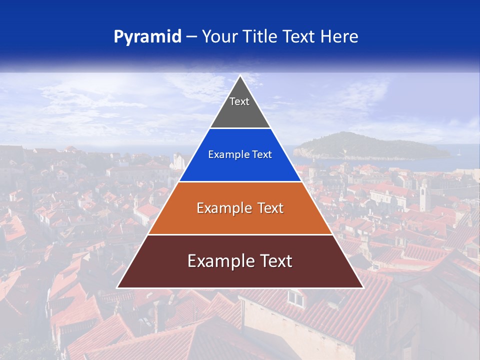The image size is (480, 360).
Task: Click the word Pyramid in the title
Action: click(x=147, y=37)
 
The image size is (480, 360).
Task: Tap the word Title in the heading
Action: click(x=262, y=37)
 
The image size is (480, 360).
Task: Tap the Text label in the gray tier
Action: click(x=239, y=102)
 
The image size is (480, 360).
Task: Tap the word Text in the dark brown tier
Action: click(x=274, y=261)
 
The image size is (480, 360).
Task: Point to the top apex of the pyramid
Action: click(x=240, y=76)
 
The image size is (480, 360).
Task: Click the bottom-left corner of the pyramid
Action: click(x=117, y=287)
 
